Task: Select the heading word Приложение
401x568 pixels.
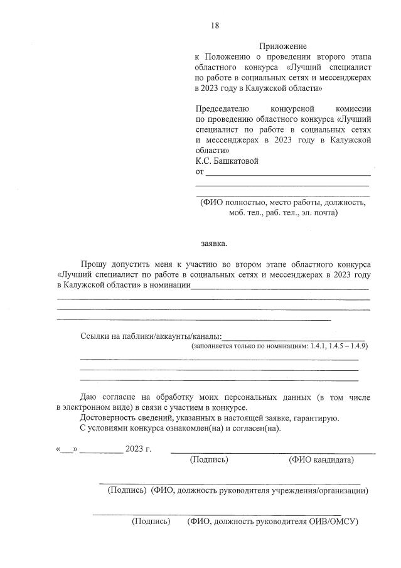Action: (x=282, y=46)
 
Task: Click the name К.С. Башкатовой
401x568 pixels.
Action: (x=227, y=161)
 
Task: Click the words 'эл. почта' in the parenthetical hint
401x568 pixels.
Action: (x=319, y=213)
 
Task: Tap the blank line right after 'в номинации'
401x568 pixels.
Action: (x=279, y=287)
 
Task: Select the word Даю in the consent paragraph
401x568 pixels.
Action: (x=88, y=397)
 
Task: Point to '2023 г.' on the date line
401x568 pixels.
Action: (x=138, y=449)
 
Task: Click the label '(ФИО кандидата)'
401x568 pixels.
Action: (x=321, y=460)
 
